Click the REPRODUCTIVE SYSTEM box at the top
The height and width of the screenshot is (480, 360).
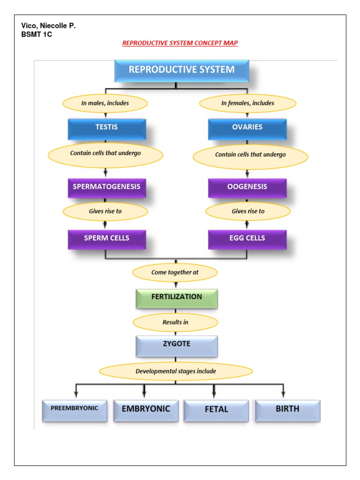[x=181, y=70]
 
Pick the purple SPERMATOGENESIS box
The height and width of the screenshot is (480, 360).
[x=106, y=187]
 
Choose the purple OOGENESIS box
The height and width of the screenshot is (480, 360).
[x=247, y=187]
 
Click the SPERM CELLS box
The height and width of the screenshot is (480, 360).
[x=106, y=239]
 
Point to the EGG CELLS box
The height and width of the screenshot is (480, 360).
[x=247, y=239]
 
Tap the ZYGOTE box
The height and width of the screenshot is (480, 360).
[x=176, y=345]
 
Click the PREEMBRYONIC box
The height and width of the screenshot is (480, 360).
[x=75, y=409]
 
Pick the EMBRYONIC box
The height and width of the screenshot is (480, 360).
[x=146, y=410]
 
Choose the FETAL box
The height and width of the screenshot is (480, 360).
[x=216, y=410]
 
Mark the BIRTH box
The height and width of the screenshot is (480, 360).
[x=287, y=410]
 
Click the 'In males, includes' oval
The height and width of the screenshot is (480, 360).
[x=105, y=103]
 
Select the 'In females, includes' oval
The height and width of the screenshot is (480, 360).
[x=248, y=103]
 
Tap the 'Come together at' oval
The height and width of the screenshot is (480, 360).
[x=175, y=272]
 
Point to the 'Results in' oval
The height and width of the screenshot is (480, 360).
[x=175, y=322]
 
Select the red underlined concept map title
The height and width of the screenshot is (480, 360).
[x=180, y=43]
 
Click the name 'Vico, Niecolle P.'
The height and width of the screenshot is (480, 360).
[x=48, y=26]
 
